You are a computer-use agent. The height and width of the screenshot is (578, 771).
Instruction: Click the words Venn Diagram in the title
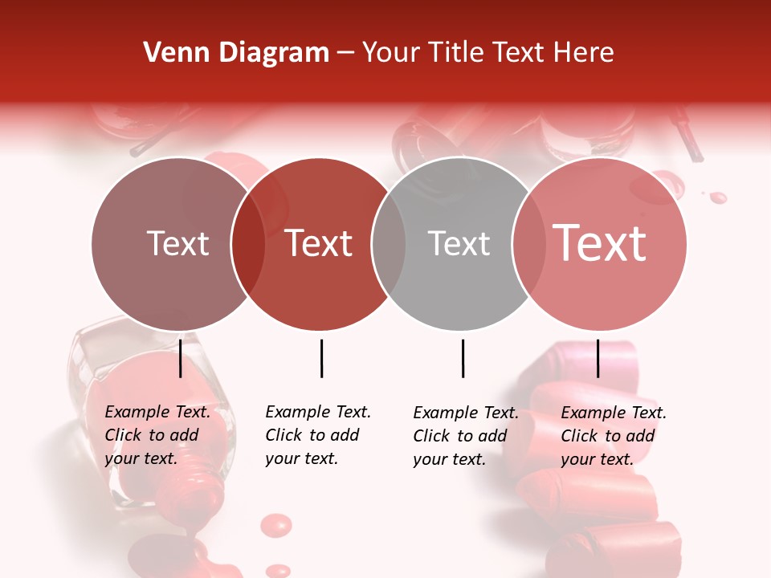pos(236,53)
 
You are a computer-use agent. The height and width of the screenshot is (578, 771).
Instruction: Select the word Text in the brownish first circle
pos(177,243)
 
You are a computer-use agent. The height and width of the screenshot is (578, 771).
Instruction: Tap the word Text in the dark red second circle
pos(319,243)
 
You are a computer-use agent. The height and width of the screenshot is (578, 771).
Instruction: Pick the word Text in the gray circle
pos(459,243)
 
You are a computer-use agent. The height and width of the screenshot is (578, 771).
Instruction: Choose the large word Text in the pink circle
pos(600,242)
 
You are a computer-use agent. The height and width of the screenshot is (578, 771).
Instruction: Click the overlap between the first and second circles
pos(248,243)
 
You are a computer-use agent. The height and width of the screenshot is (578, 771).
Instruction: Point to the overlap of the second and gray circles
pos(389,243)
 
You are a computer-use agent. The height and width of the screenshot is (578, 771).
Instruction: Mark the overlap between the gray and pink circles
pos(528,243)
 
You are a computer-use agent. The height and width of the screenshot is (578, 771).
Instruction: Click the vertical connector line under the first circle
pos(181,358)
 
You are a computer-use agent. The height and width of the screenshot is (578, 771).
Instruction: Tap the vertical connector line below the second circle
pos(321,358)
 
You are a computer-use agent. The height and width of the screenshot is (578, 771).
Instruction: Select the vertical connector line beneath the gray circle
pos(463,358)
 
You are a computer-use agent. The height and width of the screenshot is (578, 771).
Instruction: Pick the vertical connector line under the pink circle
pos(598,358)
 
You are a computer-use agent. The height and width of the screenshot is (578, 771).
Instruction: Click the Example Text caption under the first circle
pos(157,435)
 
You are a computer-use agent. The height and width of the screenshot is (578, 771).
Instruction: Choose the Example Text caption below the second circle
pos(318,435)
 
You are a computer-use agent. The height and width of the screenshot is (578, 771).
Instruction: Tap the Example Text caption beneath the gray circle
pos(466,436)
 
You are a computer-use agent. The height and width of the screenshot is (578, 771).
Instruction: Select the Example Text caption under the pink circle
pos(614,436)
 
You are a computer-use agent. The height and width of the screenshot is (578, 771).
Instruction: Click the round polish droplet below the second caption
pos(277,525)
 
